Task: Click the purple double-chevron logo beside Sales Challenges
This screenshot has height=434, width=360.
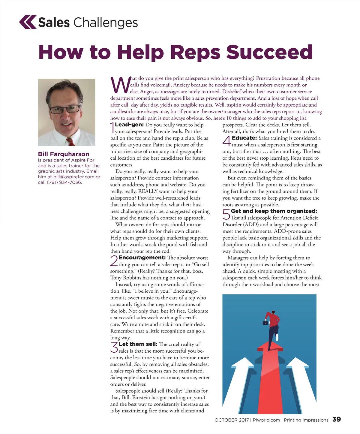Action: [28, 22]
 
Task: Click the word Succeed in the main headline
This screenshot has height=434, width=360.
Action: [269, 52]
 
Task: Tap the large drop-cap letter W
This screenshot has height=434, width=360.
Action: [120, 85]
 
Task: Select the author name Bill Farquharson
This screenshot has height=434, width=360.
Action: [64, 154]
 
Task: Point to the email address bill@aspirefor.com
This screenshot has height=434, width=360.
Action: [74, 177]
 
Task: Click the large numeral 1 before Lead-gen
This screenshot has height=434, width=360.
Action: [112, 128]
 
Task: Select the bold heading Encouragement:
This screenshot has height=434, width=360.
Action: [142, 258]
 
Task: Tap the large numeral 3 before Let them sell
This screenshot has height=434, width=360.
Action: [114, 348]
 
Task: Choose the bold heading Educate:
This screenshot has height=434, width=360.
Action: [244, 138]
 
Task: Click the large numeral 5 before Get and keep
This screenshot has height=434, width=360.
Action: [226, 214]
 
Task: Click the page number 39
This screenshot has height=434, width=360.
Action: [336, 419]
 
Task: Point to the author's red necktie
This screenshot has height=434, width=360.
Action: [70, 141]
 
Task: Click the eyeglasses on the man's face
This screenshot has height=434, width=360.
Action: [64, 109]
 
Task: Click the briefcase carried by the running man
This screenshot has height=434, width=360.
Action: [265, 323]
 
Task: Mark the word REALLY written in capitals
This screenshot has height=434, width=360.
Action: [148, 191]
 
